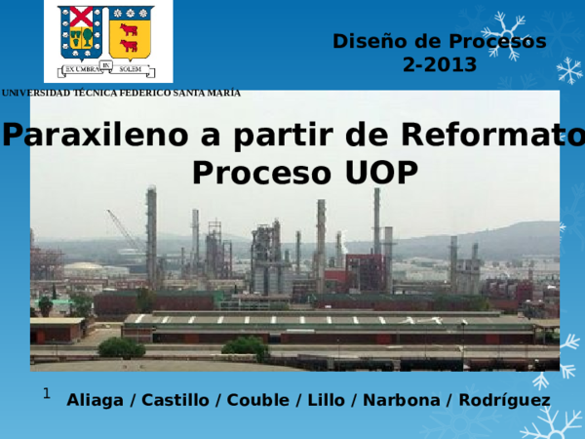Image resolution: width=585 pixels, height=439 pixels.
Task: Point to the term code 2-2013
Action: pyautogui.click(x=440, y=65)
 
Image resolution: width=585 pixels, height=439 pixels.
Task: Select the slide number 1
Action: pyautogui.click(x=46, y=393)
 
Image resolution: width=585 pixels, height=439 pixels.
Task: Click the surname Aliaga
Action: pyautogui.click(x=97, y=401)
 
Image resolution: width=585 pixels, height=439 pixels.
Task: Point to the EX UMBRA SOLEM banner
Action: pyautogui.click(x=107, y=68)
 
